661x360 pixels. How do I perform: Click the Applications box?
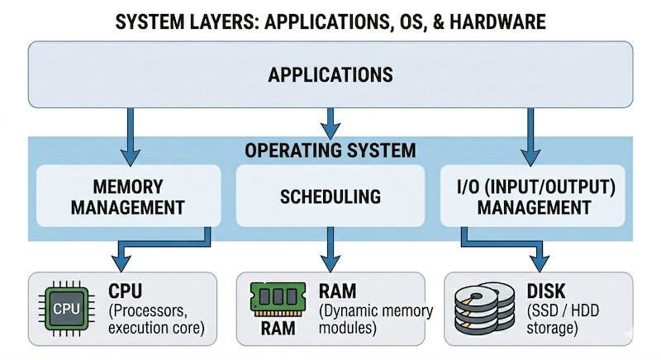(x=330, y=75)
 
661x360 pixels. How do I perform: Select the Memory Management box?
(x=129, y=196)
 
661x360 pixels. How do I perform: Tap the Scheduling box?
(x=330, y=197)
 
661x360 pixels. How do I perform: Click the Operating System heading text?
(x=330, y=151)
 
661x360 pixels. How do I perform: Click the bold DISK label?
(x=544, y=291)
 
